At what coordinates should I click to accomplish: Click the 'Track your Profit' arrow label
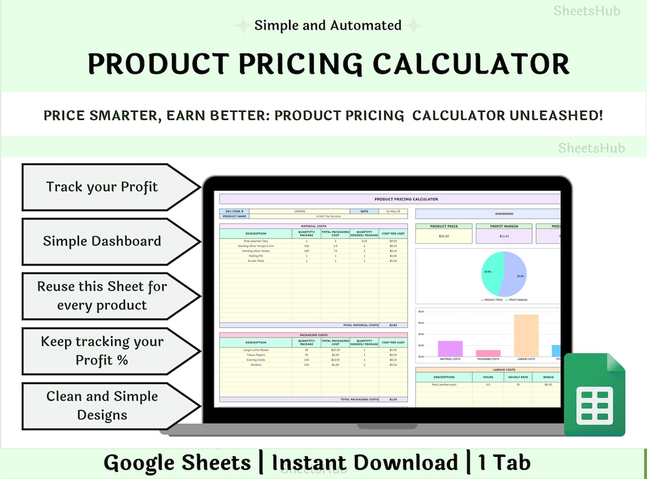click(x=102, y=187)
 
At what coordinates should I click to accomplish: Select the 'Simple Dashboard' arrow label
click(x=102, y=241)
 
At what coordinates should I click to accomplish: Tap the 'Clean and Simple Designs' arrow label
click(x=102, y=405)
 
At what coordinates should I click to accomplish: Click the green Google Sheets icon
click(x=594, y=395)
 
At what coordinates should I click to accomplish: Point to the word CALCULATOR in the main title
click(x=460, y=64)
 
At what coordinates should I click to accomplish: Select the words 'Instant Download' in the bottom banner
click(x=364, y=463)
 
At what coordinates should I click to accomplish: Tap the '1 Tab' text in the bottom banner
click(x=505, y=463)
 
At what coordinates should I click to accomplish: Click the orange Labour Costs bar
click(x=526, y=335)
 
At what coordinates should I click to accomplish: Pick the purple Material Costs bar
click(x=450, y=348)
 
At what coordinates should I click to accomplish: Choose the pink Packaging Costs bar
click(x=488, y=353)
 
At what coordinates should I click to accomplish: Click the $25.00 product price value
click(x=443, y=236)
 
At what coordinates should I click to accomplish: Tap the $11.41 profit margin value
click(x=504, y=236)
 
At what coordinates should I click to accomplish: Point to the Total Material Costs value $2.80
click(x=393, y=325)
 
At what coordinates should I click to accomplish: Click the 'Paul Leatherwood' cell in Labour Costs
click(x=443, y=384)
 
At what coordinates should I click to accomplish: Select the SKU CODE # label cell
click(x=234, y=211)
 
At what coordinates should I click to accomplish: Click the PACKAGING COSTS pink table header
click(x=313, y=335)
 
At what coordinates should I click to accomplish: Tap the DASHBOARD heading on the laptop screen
click(x=504, y=214)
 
